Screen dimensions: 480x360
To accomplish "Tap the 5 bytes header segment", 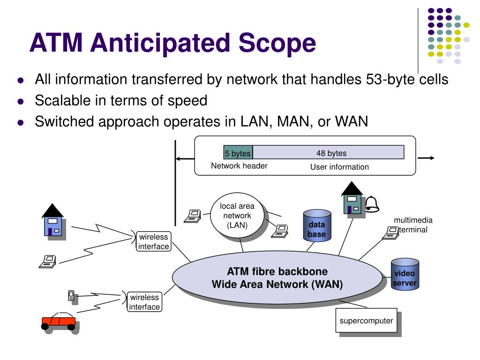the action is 238,152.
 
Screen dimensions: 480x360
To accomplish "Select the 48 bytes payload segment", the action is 328,152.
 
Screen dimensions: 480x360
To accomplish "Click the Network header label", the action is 239,166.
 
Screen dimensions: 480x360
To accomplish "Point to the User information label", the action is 339,167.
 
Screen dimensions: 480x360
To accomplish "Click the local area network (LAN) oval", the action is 237,216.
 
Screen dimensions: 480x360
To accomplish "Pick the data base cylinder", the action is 317,225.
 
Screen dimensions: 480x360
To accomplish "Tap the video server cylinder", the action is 405,274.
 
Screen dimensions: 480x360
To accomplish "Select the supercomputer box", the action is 367,320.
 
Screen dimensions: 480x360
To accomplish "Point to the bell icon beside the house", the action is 372,204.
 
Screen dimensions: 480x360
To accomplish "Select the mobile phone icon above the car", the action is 71,296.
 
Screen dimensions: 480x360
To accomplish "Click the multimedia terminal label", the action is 412,225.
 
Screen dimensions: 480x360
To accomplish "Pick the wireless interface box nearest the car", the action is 144,302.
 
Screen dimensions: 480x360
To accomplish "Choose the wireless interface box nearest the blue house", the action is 153,241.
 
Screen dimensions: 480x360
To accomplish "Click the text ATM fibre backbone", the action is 277,271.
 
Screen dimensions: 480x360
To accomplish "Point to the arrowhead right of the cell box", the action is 432,158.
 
